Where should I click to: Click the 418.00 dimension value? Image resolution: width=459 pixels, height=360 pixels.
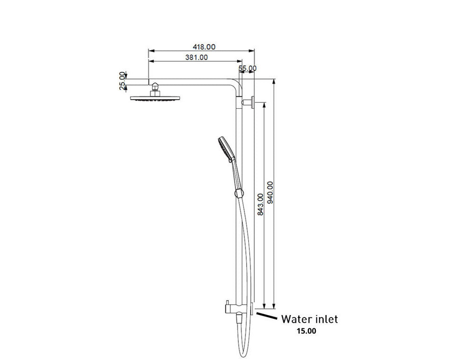(x=204, y=47)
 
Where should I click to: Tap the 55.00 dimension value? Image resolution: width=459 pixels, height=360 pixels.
(x=248, y=68)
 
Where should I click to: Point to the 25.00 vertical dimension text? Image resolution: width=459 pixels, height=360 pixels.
(x=123, y=80)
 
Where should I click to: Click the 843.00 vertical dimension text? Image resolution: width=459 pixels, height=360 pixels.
(x=260, y=204)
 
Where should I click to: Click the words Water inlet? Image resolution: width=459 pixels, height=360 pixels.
(x=310, y=319)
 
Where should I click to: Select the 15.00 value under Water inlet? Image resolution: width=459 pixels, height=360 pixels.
(x=306, y=331)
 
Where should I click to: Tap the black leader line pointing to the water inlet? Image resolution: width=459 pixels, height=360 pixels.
(x=267, y=316)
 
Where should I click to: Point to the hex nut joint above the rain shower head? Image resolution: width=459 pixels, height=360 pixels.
(x=154, y=89)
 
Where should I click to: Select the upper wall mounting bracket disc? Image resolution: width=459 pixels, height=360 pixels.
(x=253, y=102)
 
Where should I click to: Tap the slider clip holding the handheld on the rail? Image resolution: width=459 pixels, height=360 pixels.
(x=239, y=193)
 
